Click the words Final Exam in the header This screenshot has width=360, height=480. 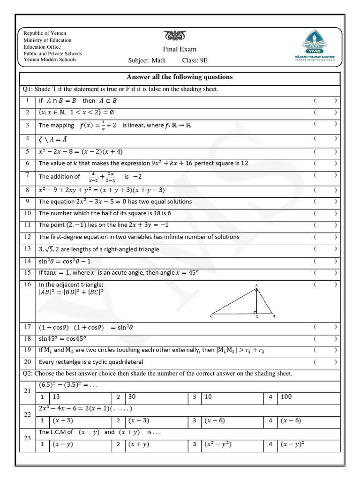click(x=180, y=49)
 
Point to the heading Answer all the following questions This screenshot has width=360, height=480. click(x=180, y=77)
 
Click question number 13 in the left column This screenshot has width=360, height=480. click(x=28, y=248)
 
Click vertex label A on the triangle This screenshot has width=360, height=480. click(x=256, y=285)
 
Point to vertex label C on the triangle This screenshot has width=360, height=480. click(x=211, y=316)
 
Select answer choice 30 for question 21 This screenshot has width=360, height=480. click(x=132, y=397)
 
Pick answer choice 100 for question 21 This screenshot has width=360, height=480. click(x=286, y=397)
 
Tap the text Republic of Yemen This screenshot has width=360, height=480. click(x=45, y=33)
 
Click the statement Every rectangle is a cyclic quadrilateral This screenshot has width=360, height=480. click(x=91, y=362)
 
